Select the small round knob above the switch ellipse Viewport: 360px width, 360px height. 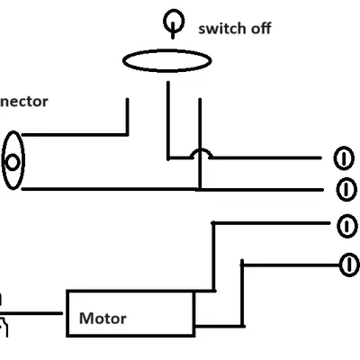point(171,21)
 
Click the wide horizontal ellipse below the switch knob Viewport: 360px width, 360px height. point(167,60)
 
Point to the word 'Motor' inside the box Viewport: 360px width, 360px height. point(103,318)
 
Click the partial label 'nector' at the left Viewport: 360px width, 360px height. point(24,101)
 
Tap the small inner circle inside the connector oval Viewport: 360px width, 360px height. point(13,162)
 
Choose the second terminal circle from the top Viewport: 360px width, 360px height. point(346,190)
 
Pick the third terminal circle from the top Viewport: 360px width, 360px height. point(346,225)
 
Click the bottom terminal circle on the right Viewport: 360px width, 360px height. point(346,264)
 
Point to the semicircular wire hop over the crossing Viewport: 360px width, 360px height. point(199,154)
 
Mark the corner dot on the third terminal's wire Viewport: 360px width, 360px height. point(212,223)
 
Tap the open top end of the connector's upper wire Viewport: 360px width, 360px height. point(127,100)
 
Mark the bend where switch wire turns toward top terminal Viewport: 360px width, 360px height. point(167,158)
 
